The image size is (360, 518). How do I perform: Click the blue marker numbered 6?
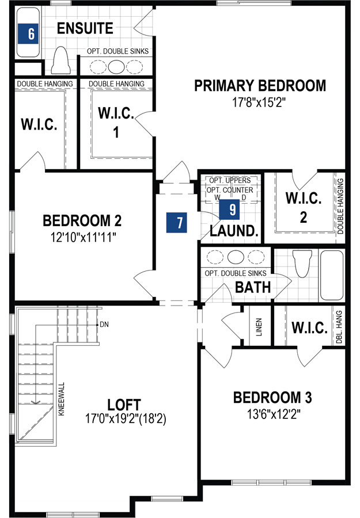click(31, 33)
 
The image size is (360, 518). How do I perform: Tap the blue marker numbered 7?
click(180, 222)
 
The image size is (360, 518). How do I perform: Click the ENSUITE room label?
click(85, 28)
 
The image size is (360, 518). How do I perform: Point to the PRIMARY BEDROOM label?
click(260, 86)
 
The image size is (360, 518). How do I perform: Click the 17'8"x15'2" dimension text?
click(260, 102)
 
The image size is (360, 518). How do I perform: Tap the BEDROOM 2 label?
click(82, 220)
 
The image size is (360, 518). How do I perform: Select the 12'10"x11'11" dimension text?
click(82, 236)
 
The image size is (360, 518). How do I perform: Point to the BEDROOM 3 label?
click(272, 397)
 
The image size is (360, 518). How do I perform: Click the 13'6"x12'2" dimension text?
click(272, 413)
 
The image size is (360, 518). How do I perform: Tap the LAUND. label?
click(233, 231)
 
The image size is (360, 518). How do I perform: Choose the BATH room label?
click(253, 287)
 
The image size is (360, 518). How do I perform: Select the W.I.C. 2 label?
click(304, 207)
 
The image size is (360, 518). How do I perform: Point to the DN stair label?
click(104, 325)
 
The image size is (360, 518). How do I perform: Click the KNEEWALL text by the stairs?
click(62, 397)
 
